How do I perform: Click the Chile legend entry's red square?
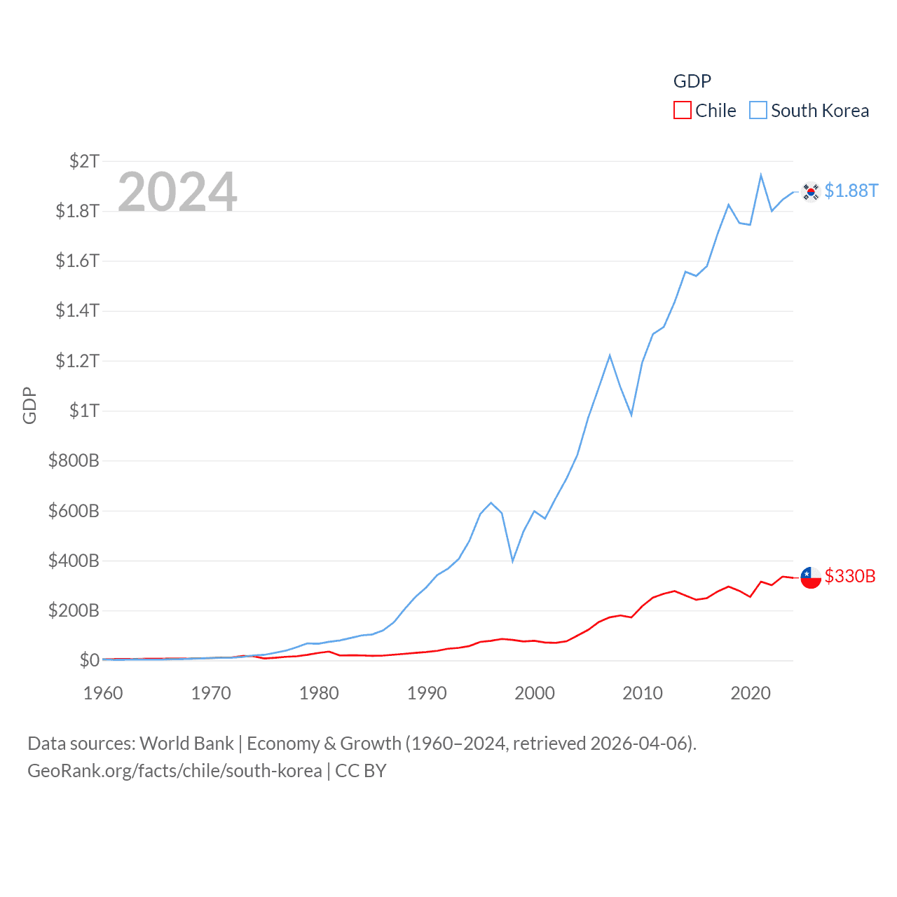pos(682,111)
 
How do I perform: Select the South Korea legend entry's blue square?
pos(758,111)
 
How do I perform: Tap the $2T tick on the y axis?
pos(84,161)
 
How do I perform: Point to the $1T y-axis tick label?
pos(84,411)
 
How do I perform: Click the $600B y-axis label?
pos(74,511)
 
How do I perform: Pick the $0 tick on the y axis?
pos(89,660)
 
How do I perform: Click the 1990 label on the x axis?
pos(427,693)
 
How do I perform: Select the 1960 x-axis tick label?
pos(103,693)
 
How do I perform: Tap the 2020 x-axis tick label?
pos(751,693)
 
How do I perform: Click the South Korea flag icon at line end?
pos(811,191)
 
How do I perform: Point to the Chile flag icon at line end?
pos(811,577)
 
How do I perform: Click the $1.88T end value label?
pos(851,191)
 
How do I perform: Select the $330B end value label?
pos(850,576)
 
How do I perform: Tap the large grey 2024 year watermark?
pos(177,192)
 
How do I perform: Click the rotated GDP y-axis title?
pos(29,405)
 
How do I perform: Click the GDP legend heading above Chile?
pos(692,81)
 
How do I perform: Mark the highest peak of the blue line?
pos(761,175)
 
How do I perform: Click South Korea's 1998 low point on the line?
pos(513,561)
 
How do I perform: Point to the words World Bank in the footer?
pos(187,744)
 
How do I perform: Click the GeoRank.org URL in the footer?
pos(174,771)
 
